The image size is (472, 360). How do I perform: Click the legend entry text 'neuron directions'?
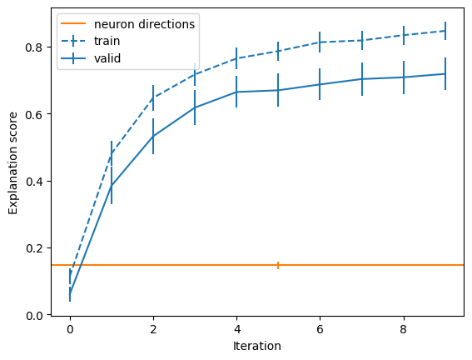(x=145, y=24)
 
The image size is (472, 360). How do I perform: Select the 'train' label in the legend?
(x=107, y=41)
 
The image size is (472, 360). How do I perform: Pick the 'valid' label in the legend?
(x=107, y=58)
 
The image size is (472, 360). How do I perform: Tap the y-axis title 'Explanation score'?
(x=13, y=163)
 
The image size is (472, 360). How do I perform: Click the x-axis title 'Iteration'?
(x=257, y=346)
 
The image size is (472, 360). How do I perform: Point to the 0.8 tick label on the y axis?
(x=35, y=47)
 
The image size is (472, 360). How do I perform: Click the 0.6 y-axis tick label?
(x=35, y=114)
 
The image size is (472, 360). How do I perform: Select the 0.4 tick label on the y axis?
(x=35, y=182)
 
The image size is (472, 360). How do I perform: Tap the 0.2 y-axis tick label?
(x=35, y=248)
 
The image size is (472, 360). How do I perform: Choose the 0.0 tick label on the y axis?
(x=35, y=315)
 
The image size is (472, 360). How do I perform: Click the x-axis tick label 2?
(x=153, y=329)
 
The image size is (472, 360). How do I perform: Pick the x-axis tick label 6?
(x=320, y=329)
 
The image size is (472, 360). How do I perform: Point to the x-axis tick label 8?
(x=404, y=329)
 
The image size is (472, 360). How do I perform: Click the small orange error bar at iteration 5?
(x=278, y=265)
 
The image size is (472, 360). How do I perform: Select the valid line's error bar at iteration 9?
(x=445, y=74)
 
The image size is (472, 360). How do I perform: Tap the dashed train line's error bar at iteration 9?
(x=445, y=31)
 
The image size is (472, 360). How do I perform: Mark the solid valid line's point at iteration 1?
(x=112, y=186)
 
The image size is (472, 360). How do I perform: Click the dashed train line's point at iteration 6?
(x=320, y=42)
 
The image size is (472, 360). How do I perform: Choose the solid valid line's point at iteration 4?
(x=236, y=92)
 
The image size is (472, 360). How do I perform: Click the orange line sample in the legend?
(x=73, y=23)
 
